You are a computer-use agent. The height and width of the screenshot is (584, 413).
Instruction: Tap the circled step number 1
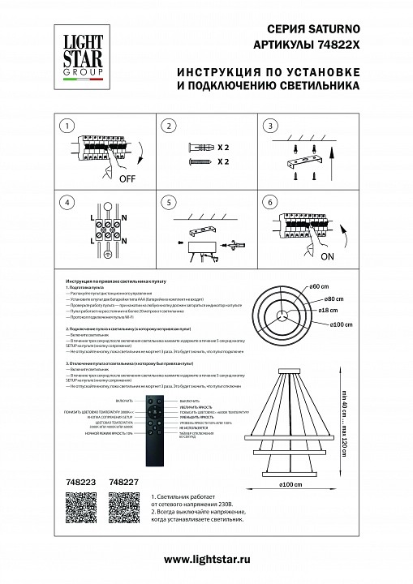[x=67, y=126]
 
